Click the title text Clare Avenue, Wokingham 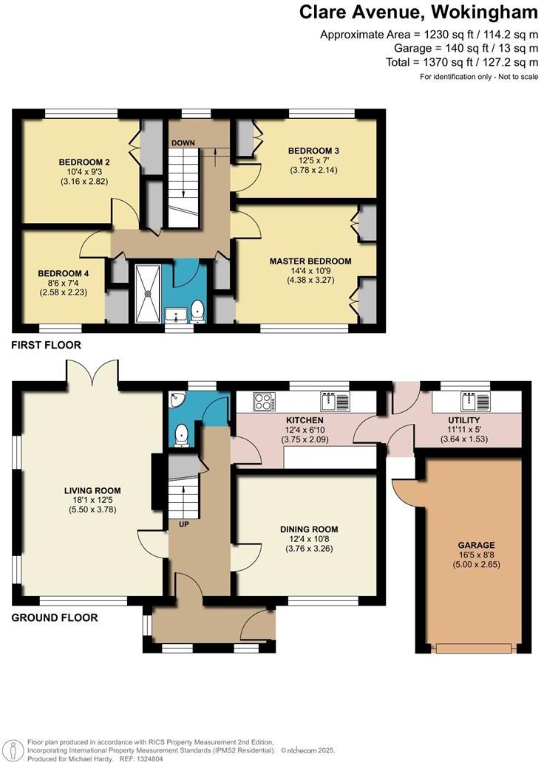tap(418, 13)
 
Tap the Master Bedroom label tap(310, 261)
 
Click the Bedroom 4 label tap(64, 273)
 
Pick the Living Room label tap(92, 490)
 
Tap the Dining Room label tap(309, 529)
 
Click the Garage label tap(477, 545)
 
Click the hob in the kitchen tap(265, 402)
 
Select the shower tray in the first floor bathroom tap(151, 291)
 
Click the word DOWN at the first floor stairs tap(182, 143)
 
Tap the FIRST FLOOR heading tap(46, 345)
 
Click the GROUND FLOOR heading tap(55, 617)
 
